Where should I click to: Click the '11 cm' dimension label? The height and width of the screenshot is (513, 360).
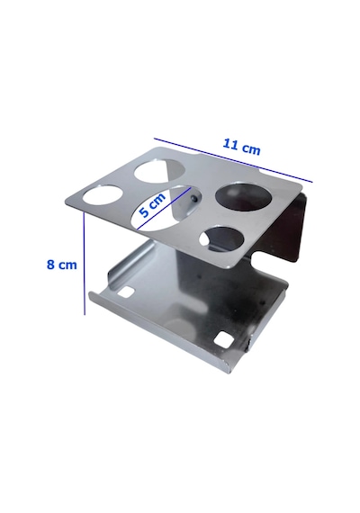tap(241, 147)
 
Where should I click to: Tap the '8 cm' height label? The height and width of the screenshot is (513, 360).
tap(61, 265)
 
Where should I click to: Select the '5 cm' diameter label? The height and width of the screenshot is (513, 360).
tap(152, 207)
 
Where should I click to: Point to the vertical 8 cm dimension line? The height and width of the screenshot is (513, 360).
tap(85, 264)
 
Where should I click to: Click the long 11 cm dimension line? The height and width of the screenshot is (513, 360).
tap(233, 160)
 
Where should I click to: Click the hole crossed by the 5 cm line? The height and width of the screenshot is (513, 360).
tap(161, 208)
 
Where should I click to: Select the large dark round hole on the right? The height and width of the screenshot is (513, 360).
tap(243, 197)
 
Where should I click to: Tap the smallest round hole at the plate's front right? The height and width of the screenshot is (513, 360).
tap(221, 238)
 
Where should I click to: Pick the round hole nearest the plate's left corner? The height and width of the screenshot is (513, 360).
tap(103, 195)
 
